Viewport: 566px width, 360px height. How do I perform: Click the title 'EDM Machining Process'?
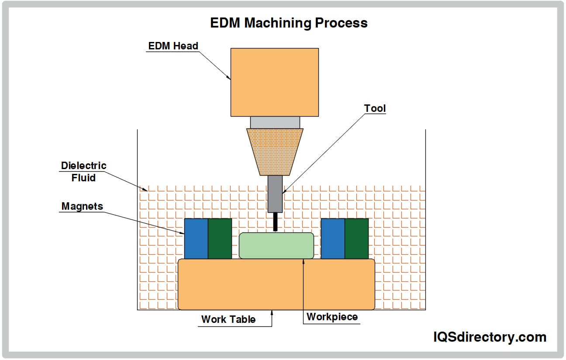coord(289,23)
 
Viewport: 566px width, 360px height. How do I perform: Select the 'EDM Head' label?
coord(173,46)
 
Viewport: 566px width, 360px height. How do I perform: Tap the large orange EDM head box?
coord(274,82)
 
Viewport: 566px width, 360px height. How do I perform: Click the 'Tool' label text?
coord(375,108)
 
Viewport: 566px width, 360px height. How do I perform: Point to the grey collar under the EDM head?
coord(275,122)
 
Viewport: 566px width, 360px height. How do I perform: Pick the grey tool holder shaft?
coord(275,194)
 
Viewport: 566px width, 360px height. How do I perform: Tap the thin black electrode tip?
coord(275,222)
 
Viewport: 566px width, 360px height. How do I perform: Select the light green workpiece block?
coord(276,246)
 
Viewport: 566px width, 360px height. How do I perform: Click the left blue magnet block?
coord(196,239)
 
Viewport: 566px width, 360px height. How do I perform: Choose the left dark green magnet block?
coord(220,239)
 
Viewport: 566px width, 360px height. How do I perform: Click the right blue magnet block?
coord(333,239)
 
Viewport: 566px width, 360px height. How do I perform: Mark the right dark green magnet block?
coord(356,239)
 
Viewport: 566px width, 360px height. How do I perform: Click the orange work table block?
coord(276,284)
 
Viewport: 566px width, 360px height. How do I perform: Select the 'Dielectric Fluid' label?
coord(83,171)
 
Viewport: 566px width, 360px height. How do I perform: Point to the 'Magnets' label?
coord(82,206)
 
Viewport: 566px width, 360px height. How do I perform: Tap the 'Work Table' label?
coord(228,319)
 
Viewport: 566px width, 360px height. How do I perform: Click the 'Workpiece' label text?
coord(332,317)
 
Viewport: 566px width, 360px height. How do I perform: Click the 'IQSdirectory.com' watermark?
coord(490,337)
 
